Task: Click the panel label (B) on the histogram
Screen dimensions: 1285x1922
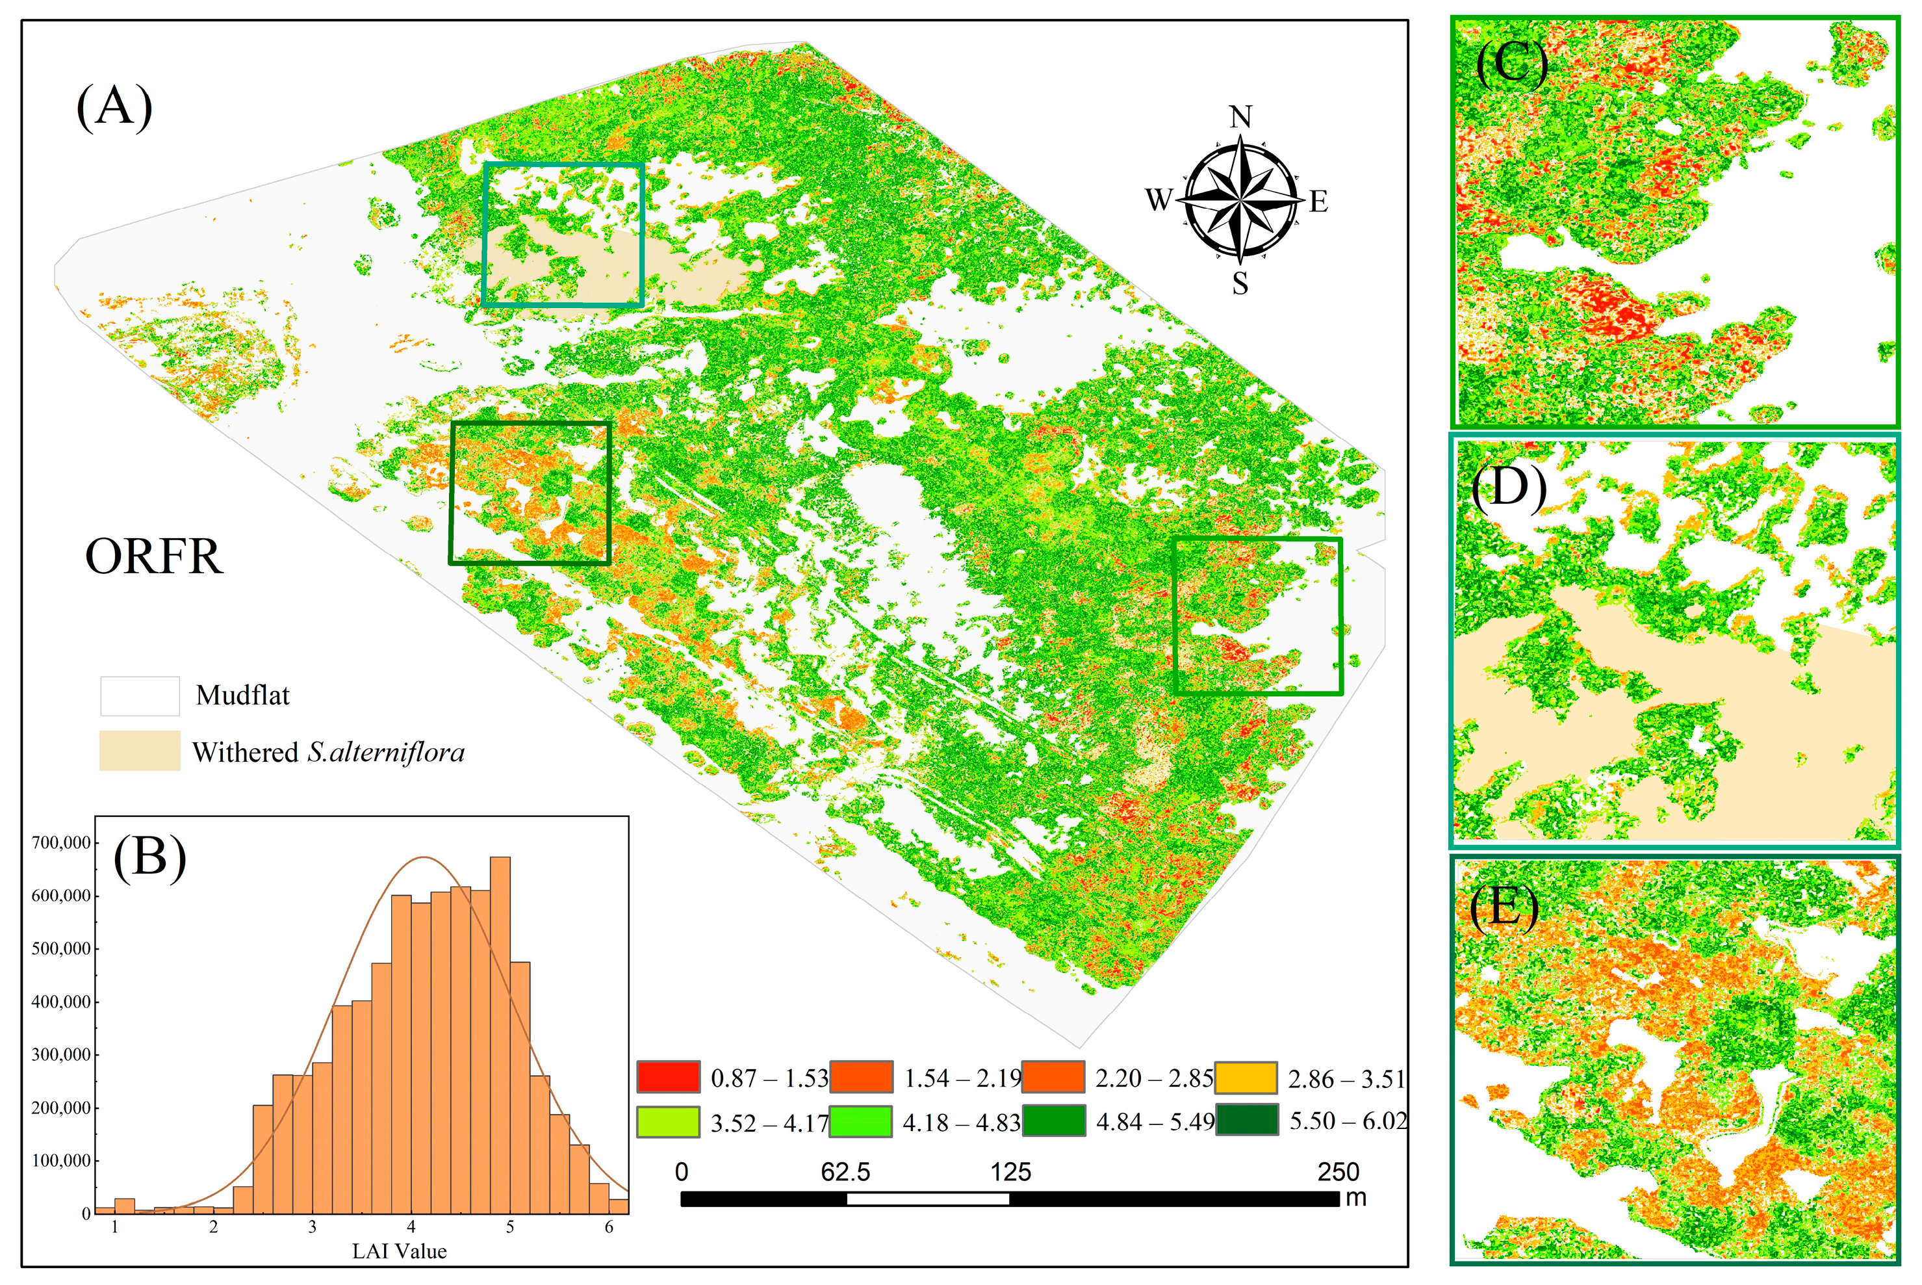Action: coord(150,858)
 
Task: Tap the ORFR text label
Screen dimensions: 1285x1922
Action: coord(154,556)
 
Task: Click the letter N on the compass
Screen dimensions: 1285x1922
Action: coord(1241,117)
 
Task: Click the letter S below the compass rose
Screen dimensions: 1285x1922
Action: coord(1240,283)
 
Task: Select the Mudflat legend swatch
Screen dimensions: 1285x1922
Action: coord(139,695)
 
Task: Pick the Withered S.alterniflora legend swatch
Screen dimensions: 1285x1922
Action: coord(139,751)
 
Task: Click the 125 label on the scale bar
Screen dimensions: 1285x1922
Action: coord(1010,1172)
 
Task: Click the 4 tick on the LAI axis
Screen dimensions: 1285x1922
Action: coord(411,1227)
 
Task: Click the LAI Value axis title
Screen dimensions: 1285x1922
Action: coord(399,1251)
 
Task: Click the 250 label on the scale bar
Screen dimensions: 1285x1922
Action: coord(1338,1172)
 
